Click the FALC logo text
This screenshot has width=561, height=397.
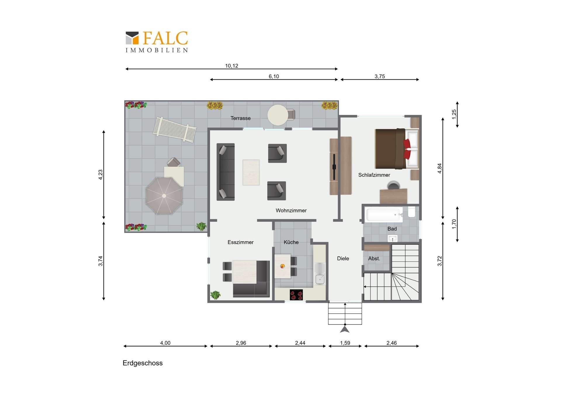coord(165,38)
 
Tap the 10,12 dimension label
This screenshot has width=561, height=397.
coord(231,66)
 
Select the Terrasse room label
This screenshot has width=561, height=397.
coord(240,118)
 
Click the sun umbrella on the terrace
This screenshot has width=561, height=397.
coord(164,196)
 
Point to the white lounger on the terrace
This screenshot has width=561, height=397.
coord(175,130)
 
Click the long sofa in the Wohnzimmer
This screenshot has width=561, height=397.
coord(226,172)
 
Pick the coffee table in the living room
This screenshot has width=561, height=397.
coord(251,172)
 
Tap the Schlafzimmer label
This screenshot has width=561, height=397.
coord(374,175)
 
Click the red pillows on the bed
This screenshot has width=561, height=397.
coord(407,149)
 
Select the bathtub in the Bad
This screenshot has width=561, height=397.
coord(383,214)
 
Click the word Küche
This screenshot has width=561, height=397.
coord(291,242)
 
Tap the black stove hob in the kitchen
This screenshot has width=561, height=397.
coord(296,295)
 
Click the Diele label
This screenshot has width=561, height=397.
coord(343,258)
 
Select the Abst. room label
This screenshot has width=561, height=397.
coord(374,258)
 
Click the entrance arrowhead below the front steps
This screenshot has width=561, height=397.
coord(345,330)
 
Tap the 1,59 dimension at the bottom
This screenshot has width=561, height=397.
coord(345,343)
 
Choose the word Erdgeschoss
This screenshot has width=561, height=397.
coord(143,363)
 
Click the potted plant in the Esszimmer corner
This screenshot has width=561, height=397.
coord(215,295)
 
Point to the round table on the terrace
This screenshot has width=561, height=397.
coord(278,115)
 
